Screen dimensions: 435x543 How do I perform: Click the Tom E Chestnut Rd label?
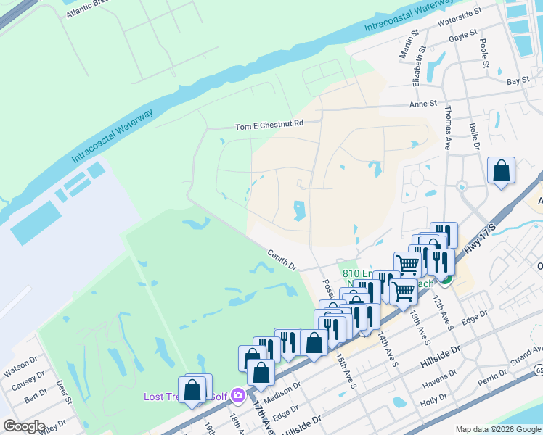[269, 125]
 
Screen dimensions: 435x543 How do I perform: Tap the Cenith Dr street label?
[282, 261]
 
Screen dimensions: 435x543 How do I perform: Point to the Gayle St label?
[463, 33]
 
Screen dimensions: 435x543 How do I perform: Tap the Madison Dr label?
[282, 390]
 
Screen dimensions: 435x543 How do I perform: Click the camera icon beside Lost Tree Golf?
[237, 396]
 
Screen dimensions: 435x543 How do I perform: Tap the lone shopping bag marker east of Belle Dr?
[501, 172]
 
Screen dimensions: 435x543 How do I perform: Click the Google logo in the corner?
[23, 426]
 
